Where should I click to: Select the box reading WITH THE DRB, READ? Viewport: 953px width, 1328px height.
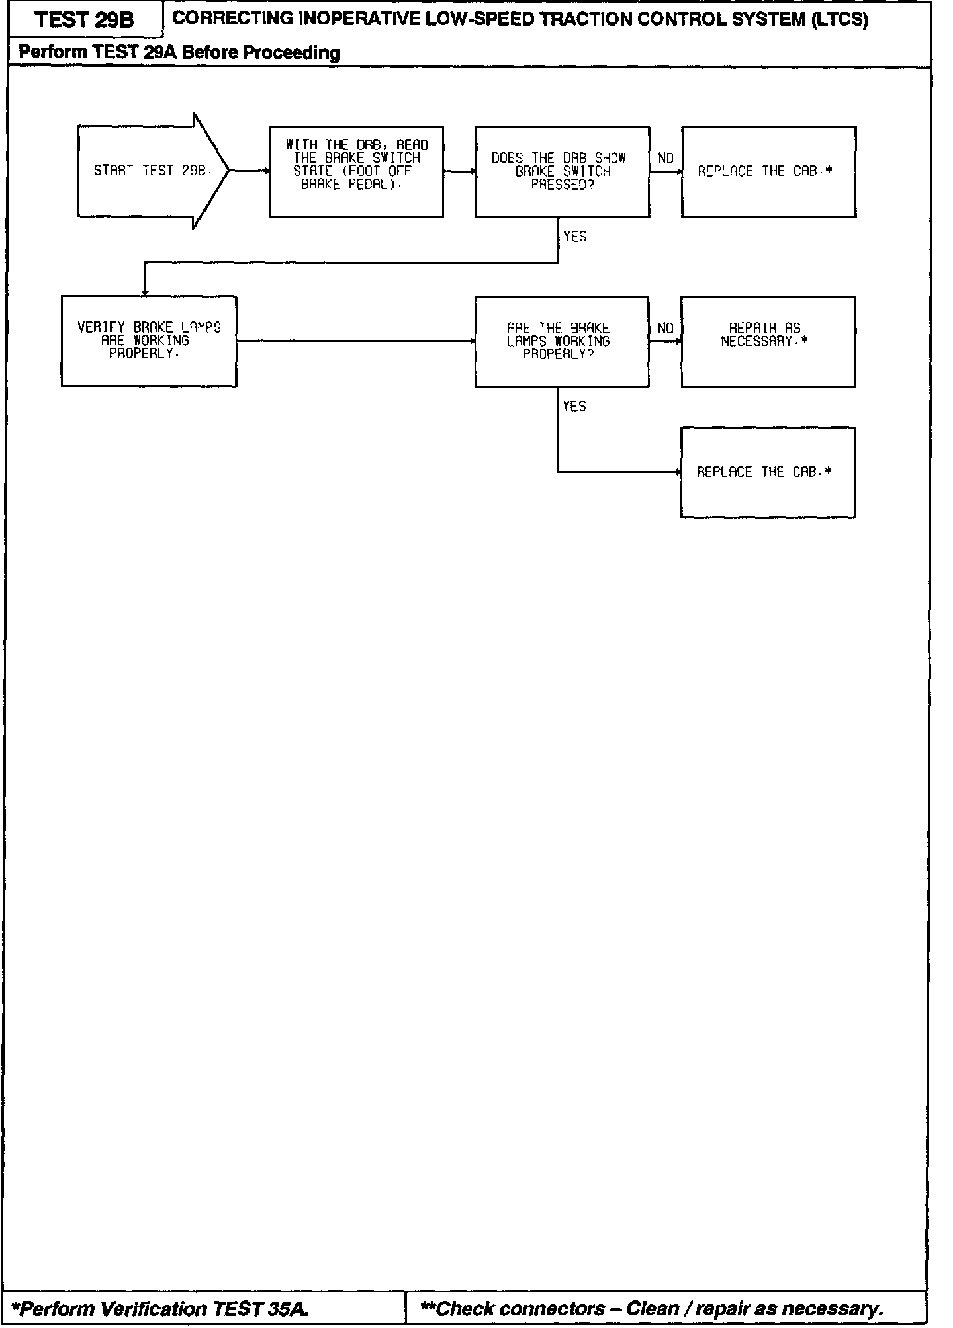click(x=356, y=171)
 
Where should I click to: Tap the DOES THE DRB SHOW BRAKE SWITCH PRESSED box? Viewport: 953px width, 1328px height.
click(x=562, y=171)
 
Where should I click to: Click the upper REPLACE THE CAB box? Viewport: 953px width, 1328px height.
click(x=768, y=171)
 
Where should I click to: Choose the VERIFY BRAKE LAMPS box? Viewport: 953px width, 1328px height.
click(x=149, y=341)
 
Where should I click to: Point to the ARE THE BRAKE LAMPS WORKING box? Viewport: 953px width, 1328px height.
click(x=562, y=341)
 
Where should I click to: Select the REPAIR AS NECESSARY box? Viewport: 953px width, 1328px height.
click(x=768, y=341)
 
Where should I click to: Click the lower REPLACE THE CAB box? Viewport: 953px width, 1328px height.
click(x=768, y=472)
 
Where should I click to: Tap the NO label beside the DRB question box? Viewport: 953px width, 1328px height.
click(x=666, y=159)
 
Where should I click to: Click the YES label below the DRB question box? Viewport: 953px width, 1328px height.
click(x=574, y=237)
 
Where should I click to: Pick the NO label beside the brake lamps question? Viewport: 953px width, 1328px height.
click(x=666, y=329)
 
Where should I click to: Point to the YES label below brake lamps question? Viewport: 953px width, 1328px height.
click(x=574, y=407)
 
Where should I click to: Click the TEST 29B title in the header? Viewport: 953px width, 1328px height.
click(x=85, y=20)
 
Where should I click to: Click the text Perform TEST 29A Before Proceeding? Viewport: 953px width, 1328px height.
click(x=179, y=53)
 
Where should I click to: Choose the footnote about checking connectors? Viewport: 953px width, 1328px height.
click(x=653, y=1309)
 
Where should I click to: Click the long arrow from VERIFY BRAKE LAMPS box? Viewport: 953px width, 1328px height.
click(x=355, y=341)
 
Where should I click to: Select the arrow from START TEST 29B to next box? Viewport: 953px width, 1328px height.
click(x=249, y=171)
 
